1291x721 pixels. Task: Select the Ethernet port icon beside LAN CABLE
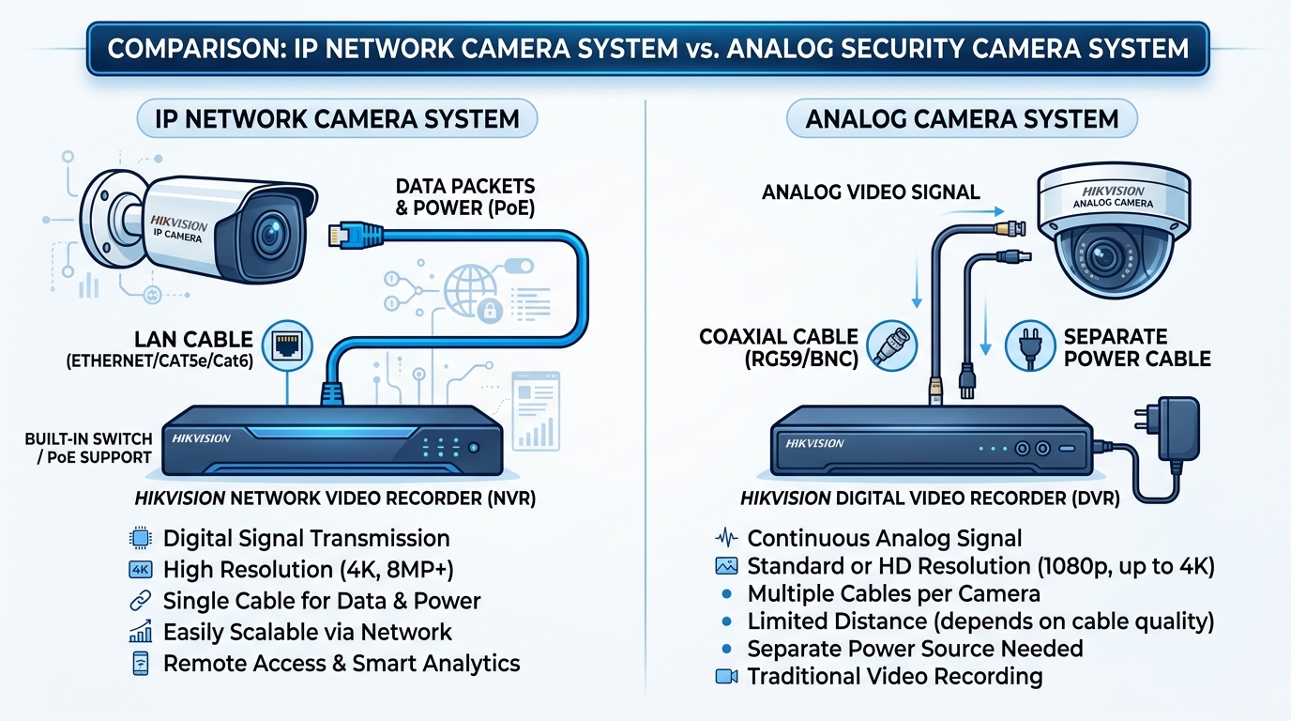(x=288, y=346)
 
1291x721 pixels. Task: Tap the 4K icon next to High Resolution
(x=138, y=569)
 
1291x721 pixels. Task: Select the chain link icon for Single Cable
(x=138, y=600)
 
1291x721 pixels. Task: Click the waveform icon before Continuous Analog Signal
(x=726, y=539)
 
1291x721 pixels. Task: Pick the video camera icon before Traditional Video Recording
(x=726, y=676)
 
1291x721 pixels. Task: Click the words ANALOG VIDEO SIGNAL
(x=871, y=192)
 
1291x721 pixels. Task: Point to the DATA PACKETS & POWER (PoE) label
(x=465, y=196)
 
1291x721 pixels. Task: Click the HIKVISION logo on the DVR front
(x=814, y=442)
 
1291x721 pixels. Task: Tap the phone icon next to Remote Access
(x=138, y=663)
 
